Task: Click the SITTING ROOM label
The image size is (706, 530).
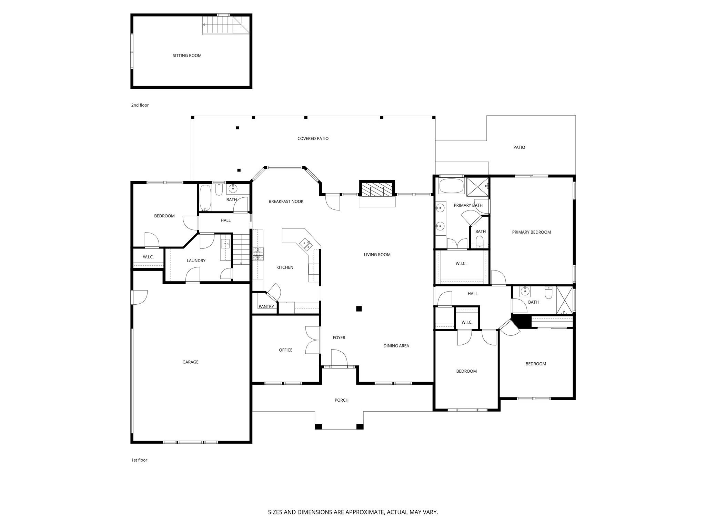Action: click(x=187, y=56)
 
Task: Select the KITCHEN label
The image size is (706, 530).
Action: click(x=285, y=267)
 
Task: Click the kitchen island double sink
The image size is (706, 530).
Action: click(x=306, y=244)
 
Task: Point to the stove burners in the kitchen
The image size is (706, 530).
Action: click(x=258, y=254)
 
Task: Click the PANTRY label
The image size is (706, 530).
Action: click(x=266, y=306)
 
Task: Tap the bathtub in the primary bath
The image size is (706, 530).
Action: click(x=451, y=186)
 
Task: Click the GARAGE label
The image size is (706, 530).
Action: click(x=190, y=362)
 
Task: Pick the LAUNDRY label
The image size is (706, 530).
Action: click(x=196, y=261)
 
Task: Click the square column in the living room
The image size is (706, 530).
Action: click(x=359, y=309)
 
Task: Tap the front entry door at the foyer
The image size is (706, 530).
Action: click(x=339, y=366)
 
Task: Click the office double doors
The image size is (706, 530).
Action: click(x=312, y=340)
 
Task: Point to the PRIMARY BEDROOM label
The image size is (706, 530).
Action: click(x=531, y=232)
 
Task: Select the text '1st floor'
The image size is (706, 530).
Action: click(x=139, y=460)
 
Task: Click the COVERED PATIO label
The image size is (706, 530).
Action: click(x=313, y=139)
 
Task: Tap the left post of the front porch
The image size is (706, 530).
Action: click(x=318, y=426)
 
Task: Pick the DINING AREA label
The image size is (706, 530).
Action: click(x=396, y=346)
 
